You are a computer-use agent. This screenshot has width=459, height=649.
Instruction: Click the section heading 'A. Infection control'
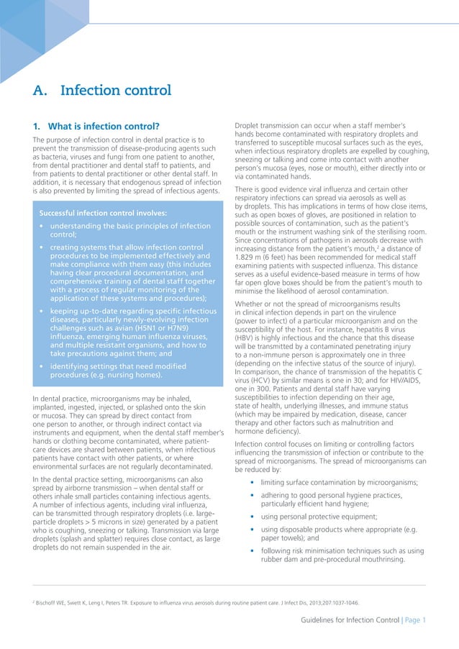pyautogui.click(x=101, y=91)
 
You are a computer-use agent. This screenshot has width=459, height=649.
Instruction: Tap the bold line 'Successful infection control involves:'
pyautogui.click(x=103, y=213)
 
